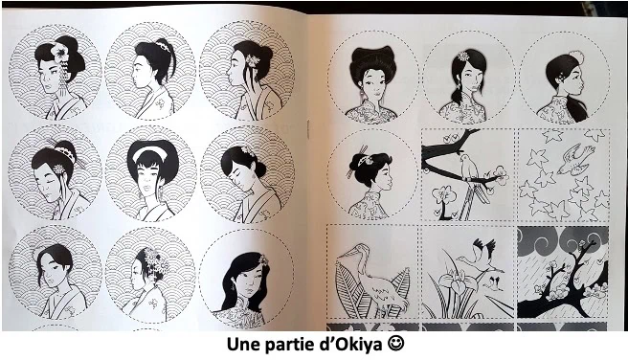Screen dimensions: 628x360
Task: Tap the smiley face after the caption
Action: (x=395, y=344)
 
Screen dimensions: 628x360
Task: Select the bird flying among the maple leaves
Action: (x=574, y=159)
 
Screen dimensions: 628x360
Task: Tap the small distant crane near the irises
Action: (x=496, y=281)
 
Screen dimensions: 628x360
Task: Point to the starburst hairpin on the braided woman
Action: (x=463, y=56)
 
